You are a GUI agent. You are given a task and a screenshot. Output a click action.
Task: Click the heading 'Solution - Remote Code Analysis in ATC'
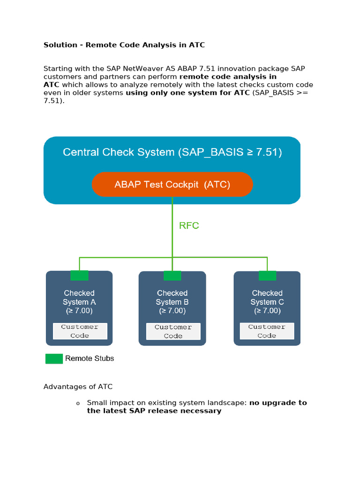(x=124, y=45)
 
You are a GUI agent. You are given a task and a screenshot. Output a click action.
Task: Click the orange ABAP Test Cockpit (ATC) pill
(x=172, y=184)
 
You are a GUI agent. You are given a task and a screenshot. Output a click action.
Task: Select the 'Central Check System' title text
(x=172, y=152)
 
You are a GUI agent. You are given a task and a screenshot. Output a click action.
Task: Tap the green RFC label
(x=189, y=225)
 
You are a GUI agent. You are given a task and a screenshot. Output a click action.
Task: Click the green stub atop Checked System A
(x=79, y=275)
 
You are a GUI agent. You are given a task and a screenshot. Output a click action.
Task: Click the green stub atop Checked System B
(x=172, y=276)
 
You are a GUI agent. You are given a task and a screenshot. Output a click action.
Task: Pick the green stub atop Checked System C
(x=267, y=275)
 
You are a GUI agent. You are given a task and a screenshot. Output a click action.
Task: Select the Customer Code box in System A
(x=80, y=331)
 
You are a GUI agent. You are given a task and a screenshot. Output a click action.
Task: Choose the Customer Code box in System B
(x=173, y=331)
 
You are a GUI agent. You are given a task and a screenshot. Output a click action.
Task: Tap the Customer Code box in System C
(x=267, y=331)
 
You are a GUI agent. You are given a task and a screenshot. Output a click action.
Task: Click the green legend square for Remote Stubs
(x=54, y=359)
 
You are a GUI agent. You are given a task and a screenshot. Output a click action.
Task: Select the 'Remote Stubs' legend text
(x=90, y=359)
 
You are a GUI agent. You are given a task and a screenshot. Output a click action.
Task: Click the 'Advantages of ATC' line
(x=78, y=387)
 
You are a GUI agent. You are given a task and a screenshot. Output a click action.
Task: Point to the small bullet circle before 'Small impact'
(x=78, y=404)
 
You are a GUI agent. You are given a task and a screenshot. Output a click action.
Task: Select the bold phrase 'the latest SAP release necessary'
(x=154, y=411)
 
